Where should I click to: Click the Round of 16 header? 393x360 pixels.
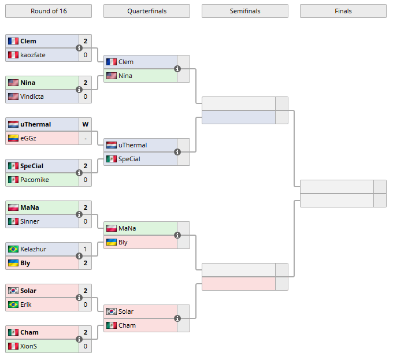49,11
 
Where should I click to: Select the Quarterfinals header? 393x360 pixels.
146,11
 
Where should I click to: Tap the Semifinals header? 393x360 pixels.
244,11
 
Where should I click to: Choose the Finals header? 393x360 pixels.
343,11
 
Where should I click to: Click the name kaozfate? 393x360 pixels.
32,55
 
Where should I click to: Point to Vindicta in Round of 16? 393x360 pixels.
32,97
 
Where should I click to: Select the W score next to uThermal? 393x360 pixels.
85,124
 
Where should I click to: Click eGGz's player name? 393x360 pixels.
29,138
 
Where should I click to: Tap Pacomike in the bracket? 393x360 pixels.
34,180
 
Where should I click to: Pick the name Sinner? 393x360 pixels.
30,221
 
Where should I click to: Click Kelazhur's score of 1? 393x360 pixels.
85,249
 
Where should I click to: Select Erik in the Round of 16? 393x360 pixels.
26,305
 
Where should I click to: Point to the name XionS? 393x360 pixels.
29,346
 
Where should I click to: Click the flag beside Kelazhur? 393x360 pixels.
13,249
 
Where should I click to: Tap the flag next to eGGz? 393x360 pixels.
13,138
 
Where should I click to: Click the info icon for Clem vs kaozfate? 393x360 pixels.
79,48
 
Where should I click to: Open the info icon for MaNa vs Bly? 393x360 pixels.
177,235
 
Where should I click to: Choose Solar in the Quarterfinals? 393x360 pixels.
126,311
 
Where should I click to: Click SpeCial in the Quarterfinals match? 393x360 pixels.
129,159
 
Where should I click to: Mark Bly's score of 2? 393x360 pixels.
85,263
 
